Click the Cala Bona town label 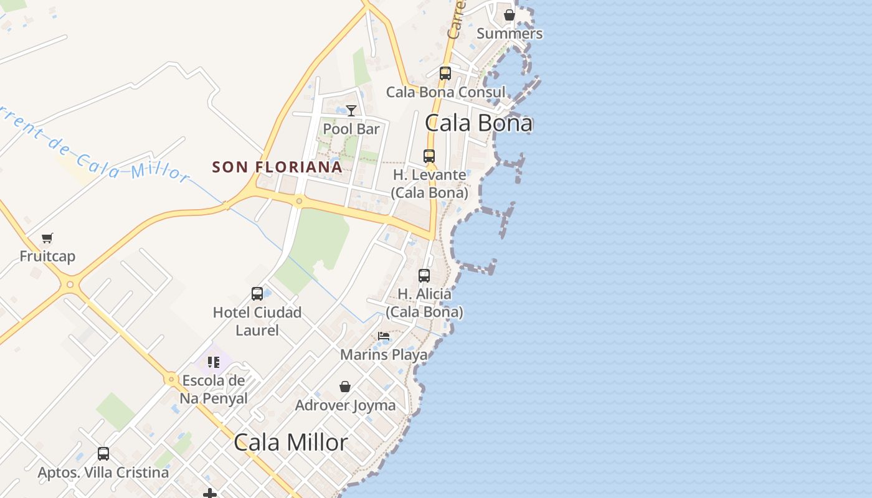478,123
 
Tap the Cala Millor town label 291,443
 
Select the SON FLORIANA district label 277,167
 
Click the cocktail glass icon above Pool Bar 351,111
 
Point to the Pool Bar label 351,129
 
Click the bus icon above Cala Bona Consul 445,73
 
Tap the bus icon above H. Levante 429,156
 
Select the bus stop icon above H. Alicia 424,275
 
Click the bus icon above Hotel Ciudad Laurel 257,294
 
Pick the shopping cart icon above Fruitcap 47,238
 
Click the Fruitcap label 47,256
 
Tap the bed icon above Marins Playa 384,336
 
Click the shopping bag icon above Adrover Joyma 345,387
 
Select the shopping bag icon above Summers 509,15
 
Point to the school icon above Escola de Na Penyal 214,362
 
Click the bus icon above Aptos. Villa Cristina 103,454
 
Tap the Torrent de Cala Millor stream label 93,147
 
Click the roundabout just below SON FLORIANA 300,201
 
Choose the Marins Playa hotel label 384,355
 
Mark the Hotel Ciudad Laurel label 257,321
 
